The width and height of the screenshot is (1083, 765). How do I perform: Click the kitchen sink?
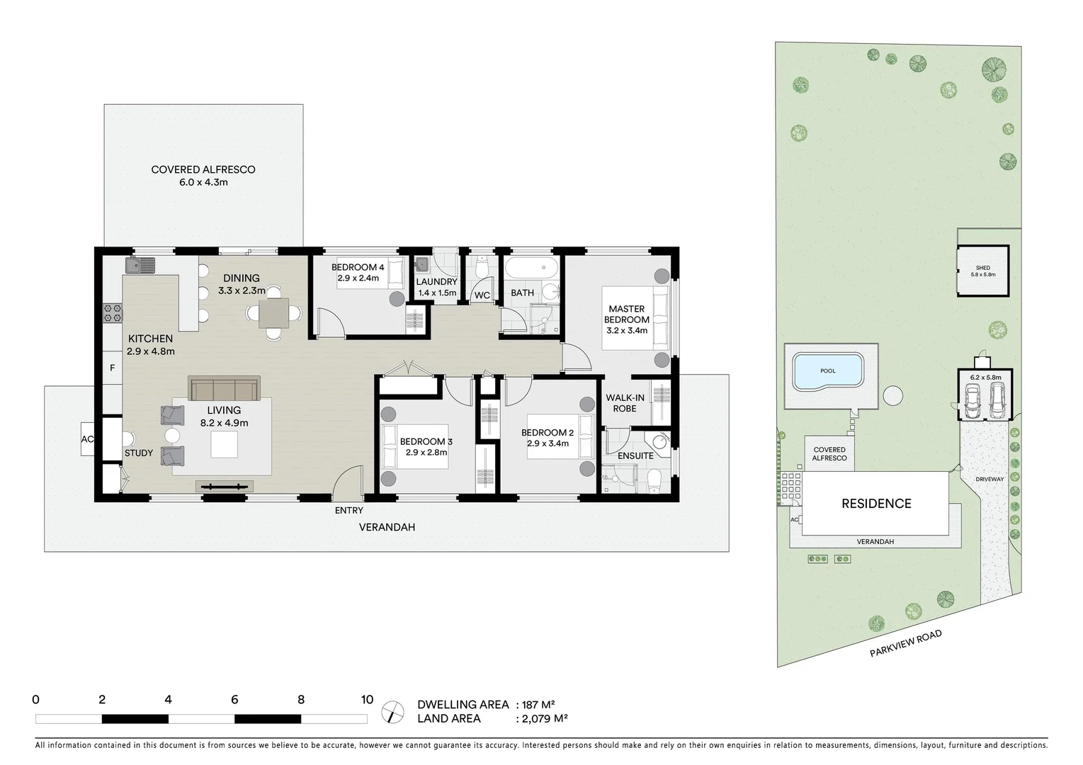140,266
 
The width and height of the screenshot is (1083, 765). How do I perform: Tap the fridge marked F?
112,368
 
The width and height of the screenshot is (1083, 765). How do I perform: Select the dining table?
273,313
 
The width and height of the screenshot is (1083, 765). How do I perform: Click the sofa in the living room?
223,389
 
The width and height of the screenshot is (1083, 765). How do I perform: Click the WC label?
482,295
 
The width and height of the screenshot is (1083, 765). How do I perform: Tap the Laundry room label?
437,282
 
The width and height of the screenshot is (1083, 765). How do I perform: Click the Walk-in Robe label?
625,403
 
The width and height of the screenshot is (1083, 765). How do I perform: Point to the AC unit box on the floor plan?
87,439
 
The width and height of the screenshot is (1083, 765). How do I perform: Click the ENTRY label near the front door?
348,511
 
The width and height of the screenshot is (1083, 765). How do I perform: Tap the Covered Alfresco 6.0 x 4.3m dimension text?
203,182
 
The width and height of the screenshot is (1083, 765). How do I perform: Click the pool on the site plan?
827,371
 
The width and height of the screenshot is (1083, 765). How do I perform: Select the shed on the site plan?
982,271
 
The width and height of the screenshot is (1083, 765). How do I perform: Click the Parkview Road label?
906,644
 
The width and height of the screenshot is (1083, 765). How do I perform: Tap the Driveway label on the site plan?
990,480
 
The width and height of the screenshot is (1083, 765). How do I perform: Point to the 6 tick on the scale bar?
234,700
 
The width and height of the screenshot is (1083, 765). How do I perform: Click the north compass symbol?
390,712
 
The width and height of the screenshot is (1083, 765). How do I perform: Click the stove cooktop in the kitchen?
112,312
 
